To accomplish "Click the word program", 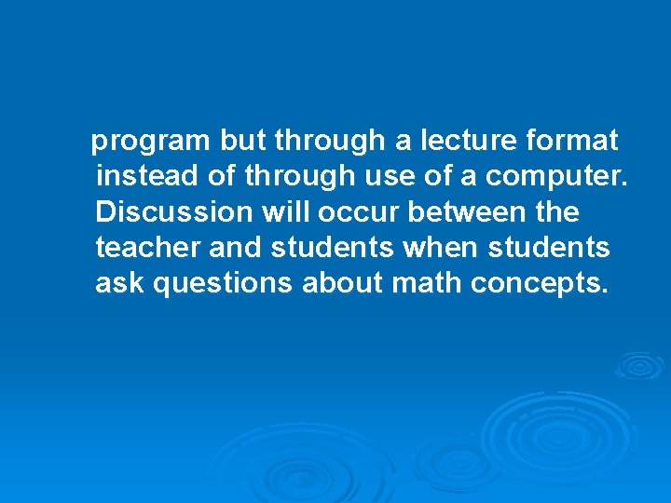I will [x=152, y=142].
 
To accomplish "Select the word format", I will [x=572, y=141].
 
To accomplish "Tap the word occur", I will [x=359, y=212].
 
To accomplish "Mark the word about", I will [x=343, y=283].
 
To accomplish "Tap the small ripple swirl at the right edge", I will [x=640, y=365].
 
